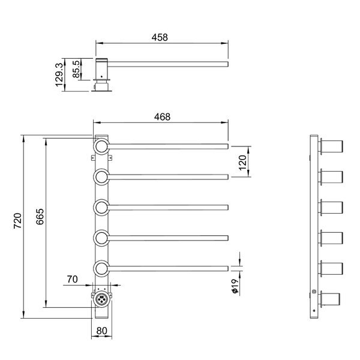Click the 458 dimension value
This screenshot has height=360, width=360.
pos(160,37)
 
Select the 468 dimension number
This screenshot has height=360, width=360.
pos(162,117)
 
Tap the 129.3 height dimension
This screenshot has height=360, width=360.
pos(59,74)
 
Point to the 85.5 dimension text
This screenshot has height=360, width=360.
pos(77,69)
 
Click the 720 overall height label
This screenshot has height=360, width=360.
pos(17,221)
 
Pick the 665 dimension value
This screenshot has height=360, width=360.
pos(40,216)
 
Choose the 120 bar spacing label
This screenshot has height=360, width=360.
pos(242,163)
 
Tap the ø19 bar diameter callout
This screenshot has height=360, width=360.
pos(235,286)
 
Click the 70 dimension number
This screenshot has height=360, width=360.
pos(73,279)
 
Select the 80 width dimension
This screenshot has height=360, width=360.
pos(102,331)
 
